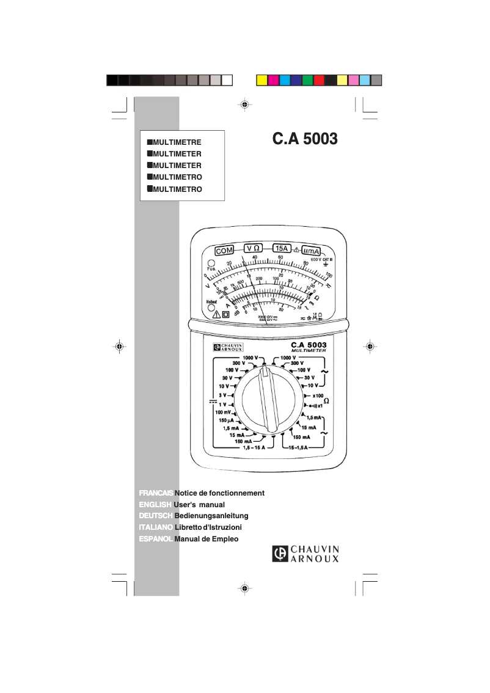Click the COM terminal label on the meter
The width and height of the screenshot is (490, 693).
click(x=225, y=250)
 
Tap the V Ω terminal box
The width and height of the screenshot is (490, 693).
click(x=254, y=248)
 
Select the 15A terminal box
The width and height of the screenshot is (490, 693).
click(x=282, y=248)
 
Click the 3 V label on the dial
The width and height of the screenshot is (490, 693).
click(x=223, y=395)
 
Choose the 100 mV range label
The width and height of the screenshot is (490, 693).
click(x=223, y=413)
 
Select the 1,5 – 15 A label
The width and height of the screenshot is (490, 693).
click(x=255, y=448)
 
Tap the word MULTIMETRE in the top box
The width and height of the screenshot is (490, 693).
click(x=177, y=142)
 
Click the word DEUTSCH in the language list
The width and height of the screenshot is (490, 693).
click(x=156, y=516)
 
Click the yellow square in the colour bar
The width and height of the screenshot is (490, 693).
click(x=260, y=80)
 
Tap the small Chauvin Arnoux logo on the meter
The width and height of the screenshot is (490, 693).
click(x=228, y=347)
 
